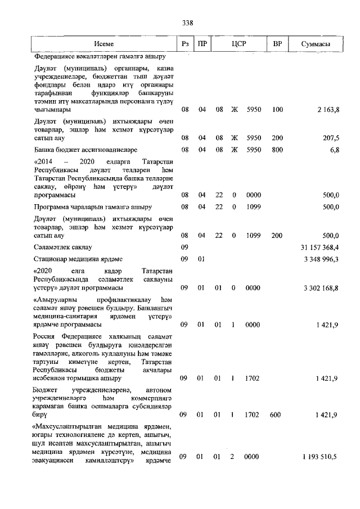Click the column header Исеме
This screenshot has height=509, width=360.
pos(104,44)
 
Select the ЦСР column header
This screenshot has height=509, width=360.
pos(239,44)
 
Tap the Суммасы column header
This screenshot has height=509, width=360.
pos(316,44)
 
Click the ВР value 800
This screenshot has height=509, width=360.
pos(277,150)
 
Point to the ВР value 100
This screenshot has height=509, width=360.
pos(277,109)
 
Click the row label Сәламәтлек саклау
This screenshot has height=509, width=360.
pos(62,247)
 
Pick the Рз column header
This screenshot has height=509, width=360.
pos(184,44)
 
